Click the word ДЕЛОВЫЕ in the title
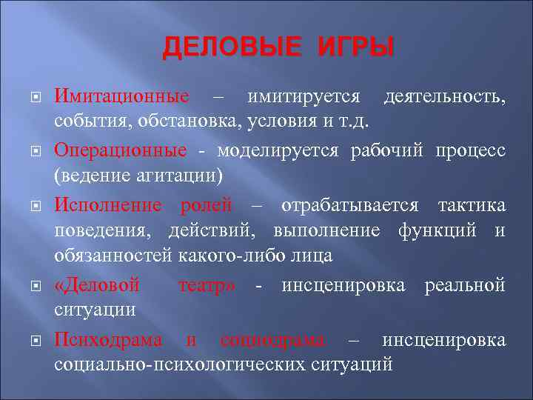pyautogui.click(x=229, y=48)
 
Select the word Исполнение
pyautogui.click(x=113, y=204)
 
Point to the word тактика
pyautogui.click(x=472, y=204)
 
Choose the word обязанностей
pyautogui.click(x=113, y=256)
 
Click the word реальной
pyautogui.click(x=465, y=284)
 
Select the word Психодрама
pyautogui.click(x=108, y=339)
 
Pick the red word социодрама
pyautogui.click(x=272, y=339)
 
